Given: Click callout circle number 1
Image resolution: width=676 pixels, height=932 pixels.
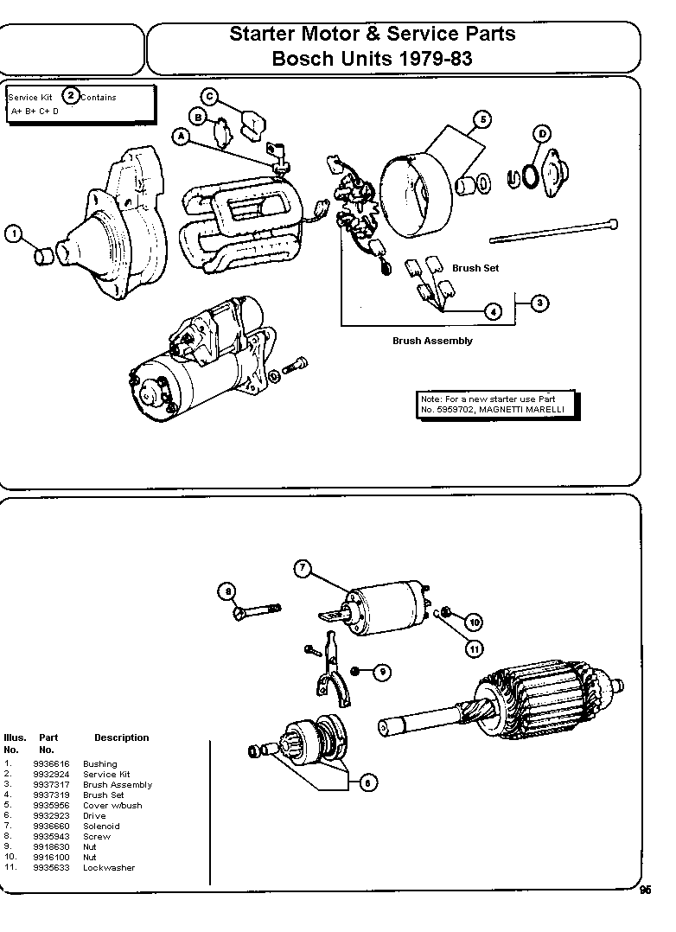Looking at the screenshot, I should [x=13, y=233].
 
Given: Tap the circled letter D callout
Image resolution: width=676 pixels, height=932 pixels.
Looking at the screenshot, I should [x=542, y=133].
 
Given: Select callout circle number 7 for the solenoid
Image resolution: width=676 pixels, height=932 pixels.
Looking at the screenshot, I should [x=302, y=568].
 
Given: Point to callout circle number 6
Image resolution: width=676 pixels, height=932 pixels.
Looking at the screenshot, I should [x=367, y=782].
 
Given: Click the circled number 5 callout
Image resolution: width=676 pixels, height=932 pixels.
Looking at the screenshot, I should [x=481, y=119].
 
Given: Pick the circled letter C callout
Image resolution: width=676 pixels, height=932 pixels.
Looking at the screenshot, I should [x=210, y=96].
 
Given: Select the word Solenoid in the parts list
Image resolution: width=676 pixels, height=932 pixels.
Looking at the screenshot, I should [x=101, y=826].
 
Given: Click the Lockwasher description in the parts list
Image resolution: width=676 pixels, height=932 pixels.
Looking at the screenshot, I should [x=109, y=867].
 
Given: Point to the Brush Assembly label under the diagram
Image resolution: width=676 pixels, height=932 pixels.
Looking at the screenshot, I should [x=432, y=341].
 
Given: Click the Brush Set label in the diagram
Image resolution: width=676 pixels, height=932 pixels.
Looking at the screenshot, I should [x=475, y=268].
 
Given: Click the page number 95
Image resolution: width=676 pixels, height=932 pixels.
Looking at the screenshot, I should [x=646, y=892].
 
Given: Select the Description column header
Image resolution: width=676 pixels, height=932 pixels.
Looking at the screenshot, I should [x=121, y=737].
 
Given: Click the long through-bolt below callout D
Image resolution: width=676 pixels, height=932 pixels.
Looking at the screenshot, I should [x=553, y=231].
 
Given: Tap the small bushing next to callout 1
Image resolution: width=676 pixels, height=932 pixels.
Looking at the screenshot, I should [x=43, y=256].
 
